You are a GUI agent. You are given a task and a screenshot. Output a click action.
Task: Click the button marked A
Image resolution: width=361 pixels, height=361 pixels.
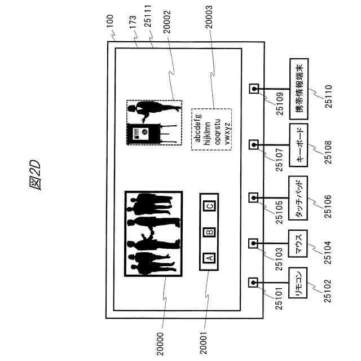pyautogui.click(x=208, y=257)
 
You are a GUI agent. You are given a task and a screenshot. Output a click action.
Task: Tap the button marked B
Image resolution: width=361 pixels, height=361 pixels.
pyautogui.click(x=208, y=231)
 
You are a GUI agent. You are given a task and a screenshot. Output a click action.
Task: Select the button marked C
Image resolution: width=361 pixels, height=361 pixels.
pyautogui.click(x=208, y=206)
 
